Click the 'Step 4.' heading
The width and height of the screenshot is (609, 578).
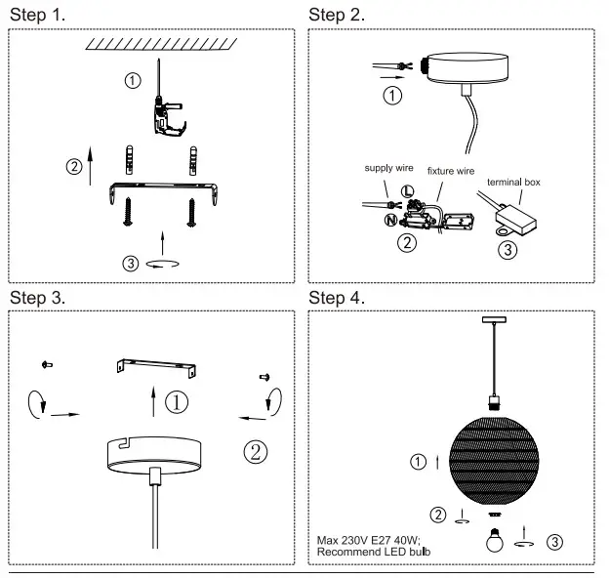point(337,297)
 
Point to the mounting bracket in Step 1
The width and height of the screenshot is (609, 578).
point(161,189)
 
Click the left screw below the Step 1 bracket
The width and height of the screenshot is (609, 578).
point(128,211)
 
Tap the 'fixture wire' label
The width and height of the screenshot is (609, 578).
point(451,171)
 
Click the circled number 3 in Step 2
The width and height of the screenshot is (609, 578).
point(507,249)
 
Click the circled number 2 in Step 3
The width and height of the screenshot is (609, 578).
point(255,451)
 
